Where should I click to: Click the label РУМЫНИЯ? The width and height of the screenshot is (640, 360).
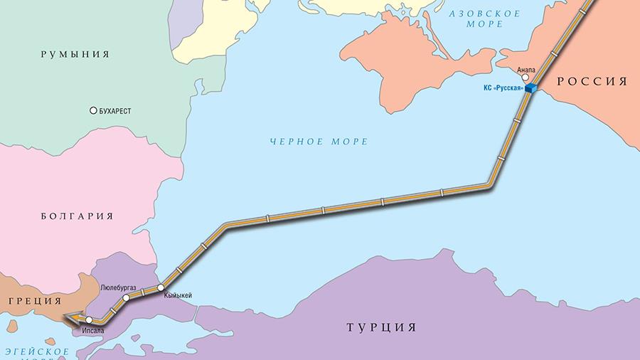pyautogui.click(x=75, y=53)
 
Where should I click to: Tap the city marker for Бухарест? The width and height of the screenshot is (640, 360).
pyautogui.click(x=92, y=111)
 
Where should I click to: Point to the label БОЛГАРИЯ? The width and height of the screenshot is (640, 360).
pyautogui.click(x=77, y=216)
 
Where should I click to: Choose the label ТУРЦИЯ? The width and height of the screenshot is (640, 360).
pyautogui.click(x=380, y=328)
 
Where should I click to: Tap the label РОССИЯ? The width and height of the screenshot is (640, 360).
pyautogui.click(x=592, y=81)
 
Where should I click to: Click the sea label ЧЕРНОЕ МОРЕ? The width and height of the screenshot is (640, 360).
pyautogui.click(x=319, y=142)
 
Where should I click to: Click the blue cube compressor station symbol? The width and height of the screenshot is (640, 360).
pyautogui.click(x=530, y=88)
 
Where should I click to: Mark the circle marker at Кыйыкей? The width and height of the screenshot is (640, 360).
pyautogui.click(x=161, y=287)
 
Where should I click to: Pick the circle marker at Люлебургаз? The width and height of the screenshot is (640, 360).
pyautogui.click(x=126, y=298)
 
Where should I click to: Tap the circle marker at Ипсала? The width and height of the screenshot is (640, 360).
pyautogui.click(x=89, y=320)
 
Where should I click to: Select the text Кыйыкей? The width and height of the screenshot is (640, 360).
pyautogui.click(x=178, y=295)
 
